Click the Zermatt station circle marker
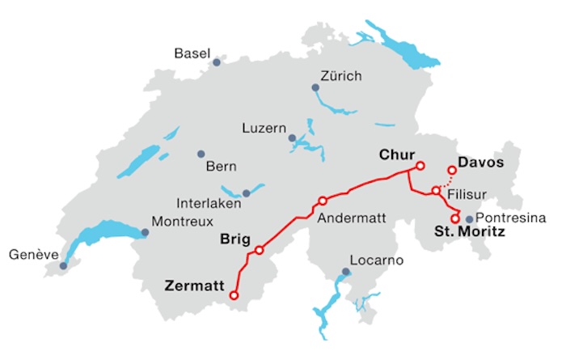click(234, 296)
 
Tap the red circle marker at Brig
click(259, 250)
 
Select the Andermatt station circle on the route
click(323, 201)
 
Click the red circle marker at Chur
click(420, 166)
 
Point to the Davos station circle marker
click(452, 170)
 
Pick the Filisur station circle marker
click(436, 191)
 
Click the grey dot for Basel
click(216, 62)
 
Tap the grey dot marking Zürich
click(316, 87)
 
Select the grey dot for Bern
click(201, 154)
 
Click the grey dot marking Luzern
click(292, 138)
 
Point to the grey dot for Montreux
click(146, 233)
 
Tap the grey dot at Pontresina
click(469, 219)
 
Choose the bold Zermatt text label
click(196, 285)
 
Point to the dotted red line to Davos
click(445, 180)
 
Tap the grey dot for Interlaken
click(247, 193)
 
